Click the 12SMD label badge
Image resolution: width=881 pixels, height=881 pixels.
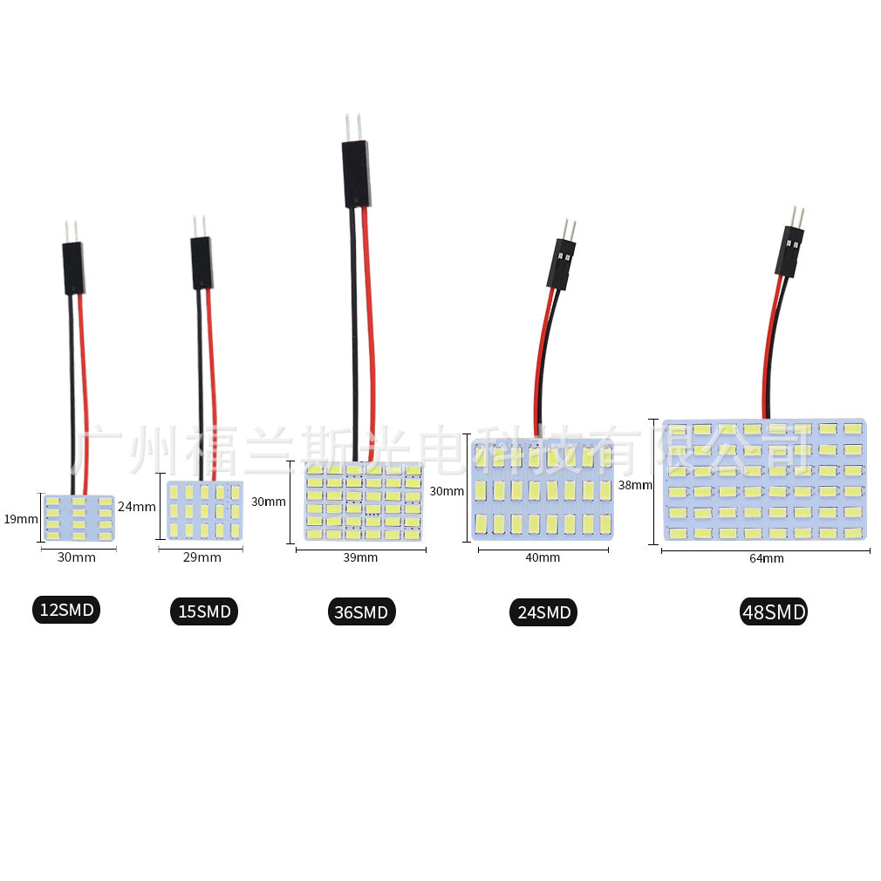pyautogui.click(x=66, y=610)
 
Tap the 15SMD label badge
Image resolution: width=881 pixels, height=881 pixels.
pyautogui.click(x=203, y=611)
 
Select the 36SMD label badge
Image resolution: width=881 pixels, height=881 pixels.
pyautogui.click(x=360, y=611)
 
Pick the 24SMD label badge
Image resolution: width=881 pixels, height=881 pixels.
pyautogui.click(x=543, y=612)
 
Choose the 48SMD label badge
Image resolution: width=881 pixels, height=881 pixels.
pyautogui.click(x=773, y=611)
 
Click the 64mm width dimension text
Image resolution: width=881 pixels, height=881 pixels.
pyautogui.click(x=766, y=558)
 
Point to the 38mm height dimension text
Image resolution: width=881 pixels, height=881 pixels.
pyautogui.click(x=635, y=485)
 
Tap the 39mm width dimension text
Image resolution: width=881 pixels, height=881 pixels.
pyautogui.click(x=360, y=557)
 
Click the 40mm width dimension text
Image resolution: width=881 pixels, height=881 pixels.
pyautogui.click(x=543, y=557)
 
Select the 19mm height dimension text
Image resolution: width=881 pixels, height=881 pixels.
pyautogui.click(x=20, y=518)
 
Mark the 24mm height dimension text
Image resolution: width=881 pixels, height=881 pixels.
pyautogui.click(x=136, y=506)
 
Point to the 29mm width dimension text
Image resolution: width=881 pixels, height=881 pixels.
pyautogui.click(x=203, y=557)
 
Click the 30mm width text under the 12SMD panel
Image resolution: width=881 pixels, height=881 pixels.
pyautogui.click(x=76, y=557)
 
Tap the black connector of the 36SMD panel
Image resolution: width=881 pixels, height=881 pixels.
pyautogui.click(x=355, y=174)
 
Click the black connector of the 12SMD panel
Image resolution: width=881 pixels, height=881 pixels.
pyautogui.click(x=72, y=268)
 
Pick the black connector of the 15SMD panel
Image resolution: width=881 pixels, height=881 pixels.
pyautogui.click(x=201, y=263)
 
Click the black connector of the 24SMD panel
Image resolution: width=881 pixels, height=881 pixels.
pyautogui.click(x=560, y=265)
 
